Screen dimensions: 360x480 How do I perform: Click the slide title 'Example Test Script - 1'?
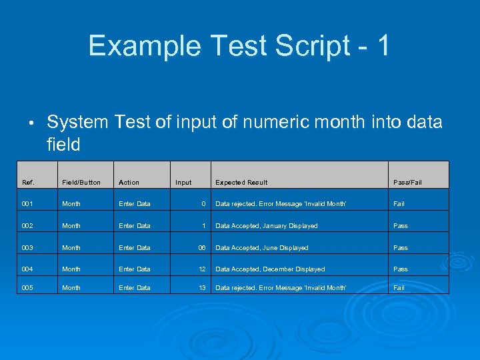tap(239, 46)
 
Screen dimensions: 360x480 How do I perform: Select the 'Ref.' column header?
tap(28, 182)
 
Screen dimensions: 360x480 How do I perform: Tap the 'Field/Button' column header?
tap(81, 182)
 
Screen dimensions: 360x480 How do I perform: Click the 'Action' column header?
tap(129, 182)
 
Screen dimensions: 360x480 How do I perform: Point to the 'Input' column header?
tap(183, 182)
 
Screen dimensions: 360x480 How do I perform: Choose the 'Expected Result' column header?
tap(241, 182)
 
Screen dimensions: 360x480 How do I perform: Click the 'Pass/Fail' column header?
tap(407, 182)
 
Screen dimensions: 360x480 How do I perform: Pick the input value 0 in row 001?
tap(203, 204)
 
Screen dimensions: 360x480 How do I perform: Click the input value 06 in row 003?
tap(201, 248)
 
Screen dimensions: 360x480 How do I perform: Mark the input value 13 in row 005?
tap(201, 288)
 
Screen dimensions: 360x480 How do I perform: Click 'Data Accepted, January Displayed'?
tap(266, 226)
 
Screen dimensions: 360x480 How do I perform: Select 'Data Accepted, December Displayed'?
tap(270, 269)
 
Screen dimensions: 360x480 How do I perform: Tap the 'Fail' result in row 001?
tap(399, 204)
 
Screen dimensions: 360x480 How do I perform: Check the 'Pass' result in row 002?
tap(400, 226)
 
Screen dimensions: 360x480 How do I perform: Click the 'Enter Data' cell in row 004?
tap(134, 269)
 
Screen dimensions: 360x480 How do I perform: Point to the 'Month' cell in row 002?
tap(71, 226)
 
